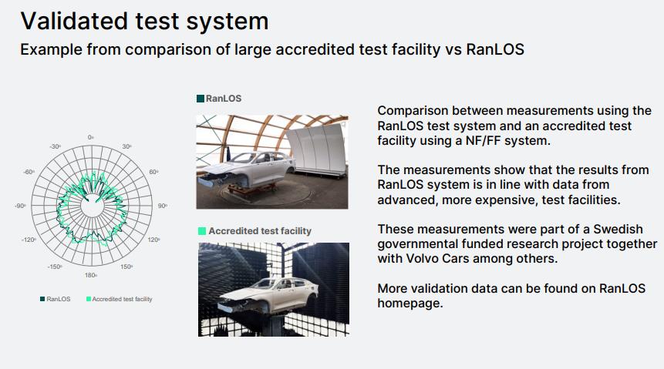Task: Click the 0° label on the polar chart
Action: (91, 137)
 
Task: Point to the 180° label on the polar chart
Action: (91, 275)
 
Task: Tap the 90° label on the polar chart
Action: (163, 206)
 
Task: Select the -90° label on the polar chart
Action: (20, 206)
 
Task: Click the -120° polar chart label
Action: (29, 240)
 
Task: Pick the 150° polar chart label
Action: (126, 267)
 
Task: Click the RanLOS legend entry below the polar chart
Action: (56, 299)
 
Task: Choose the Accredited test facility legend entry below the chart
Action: (120, 299)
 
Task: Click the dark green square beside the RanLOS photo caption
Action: (201, 99)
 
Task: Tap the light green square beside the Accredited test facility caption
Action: (202, 231)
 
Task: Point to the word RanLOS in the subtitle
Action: (495, 49)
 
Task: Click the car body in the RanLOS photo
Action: (248, 169)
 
